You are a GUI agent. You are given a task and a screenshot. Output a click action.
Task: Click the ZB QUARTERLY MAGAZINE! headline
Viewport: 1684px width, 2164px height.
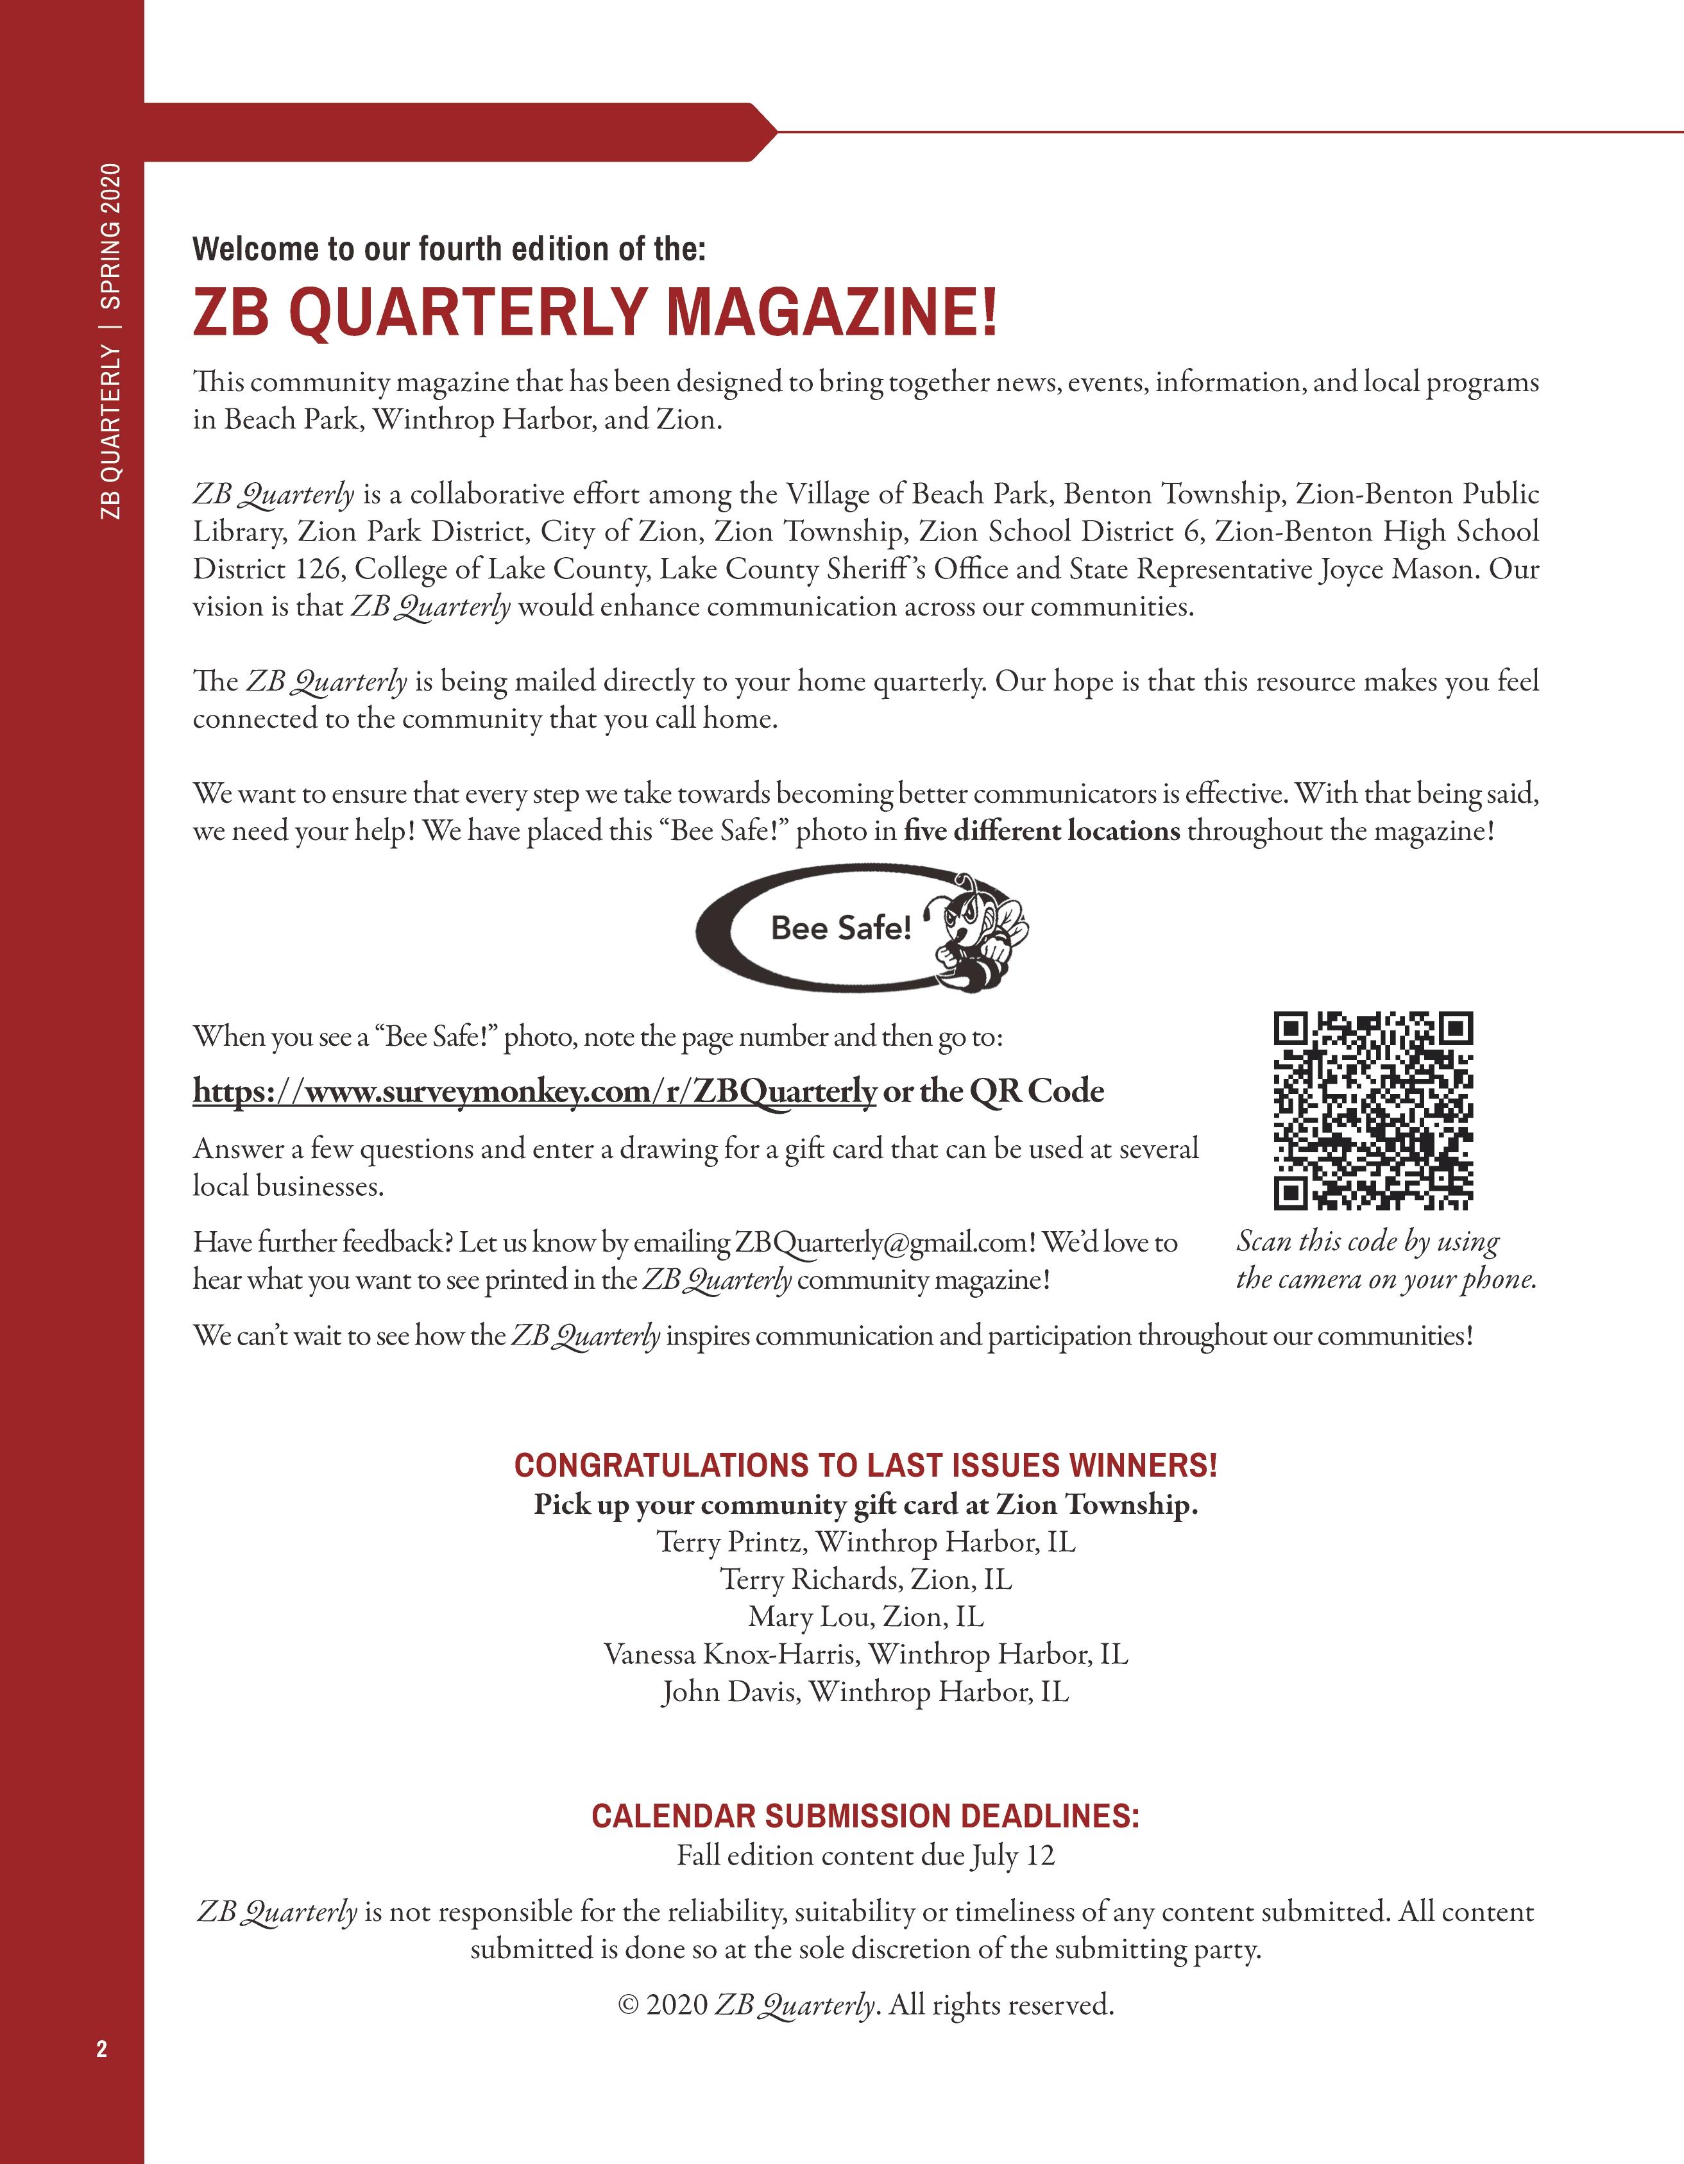click(x=595, y=312)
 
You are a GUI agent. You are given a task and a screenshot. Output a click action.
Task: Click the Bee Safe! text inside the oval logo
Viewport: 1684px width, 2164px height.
click(x=840, y=928)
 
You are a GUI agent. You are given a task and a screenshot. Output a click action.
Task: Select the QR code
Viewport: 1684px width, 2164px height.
click(x=1373, y=1111)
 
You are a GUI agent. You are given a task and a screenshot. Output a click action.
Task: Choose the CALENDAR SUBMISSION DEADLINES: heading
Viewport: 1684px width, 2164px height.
click(x=865, y=1816)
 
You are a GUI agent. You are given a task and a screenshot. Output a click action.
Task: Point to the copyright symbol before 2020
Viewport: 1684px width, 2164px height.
click(x=627, y=2006)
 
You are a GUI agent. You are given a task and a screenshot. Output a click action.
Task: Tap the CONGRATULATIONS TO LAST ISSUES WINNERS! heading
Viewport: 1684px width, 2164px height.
click(x=865, y=1466)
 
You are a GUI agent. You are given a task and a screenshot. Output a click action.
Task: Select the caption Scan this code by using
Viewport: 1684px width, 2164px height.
click(x=1367, y=1241)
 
